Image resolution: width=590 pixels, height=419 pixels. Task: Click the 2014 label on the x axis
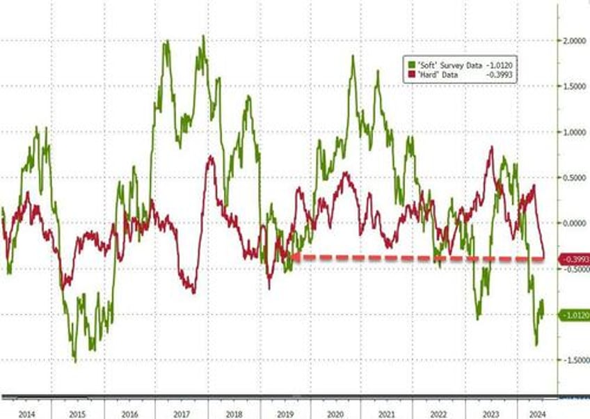pyautogui.click(x=26, y=413)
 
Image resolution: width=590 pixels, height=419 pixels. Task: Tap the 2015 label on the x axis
pyautogui.click(x=77, y=413)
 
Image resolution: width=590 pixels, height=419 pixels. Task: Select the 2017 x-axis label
pyautogui.click(x=181, y=413)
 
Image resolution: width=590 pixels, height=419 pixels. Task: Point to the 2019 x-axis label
pyautogui.click(x=284, y=413)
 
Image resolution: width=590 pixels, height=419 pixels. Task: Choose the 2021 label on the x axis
pyautogui.click(x=387, y=413)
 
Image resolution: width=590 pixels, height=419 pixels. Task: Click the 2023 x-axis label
pyautogui.click(x=491, y=413)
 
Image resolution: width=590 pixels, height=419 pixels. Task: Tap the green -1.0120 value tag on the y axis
pyautogui.click(x=575, y=315)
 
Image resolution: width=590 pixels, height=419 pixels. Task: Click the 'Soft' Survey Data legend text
pyautogui.click(x=447, y=65)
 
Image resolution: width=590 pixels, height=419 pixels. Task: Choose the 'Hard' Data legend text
pyautogui.click(x=437, y=74)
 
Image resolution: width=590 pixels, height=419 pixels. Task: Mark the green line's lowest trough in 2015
pyautogui.click(x=75, y=361)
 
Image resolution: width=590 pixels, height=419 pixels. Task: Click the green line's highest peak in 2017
pyautogui.click(x=203, y=36)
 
